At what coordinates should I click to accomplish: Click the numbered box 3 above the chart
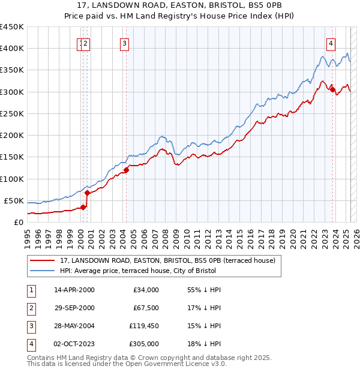(124, 43)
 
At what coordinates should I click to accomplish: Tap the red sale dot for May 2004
(127, 170)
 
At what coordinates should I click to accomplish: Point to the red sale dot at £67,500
(88, 193)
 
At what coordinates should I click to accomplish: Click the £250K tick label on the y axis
(12, 113)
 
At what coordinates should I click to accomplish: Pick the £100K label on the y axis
(12, 179)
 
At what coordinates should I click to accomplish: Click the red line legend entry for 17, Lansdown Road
(167, 260)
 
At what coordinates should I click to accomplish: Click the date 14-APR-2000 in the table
(74, 290)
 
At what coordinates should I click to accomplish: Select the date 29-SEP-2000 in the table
(74, 308)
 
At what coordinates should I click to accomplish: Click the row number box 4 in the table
(30, 344)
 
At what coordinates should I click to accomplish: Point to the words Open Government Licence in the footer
(168, 364)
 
